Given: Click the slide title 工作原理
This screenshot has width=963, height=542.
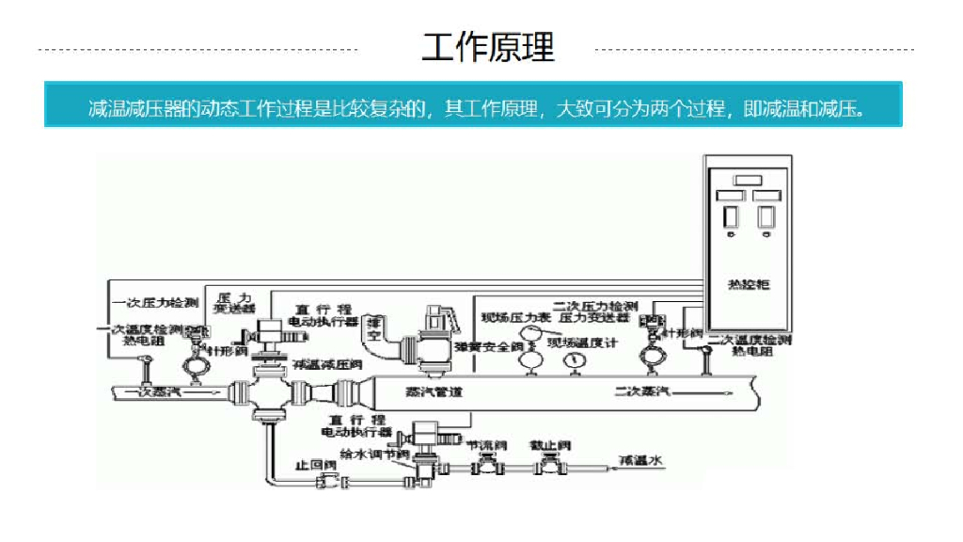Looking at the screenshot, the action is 488,47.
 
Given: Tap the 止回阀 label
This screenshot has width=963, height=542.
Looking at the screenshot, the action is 310,464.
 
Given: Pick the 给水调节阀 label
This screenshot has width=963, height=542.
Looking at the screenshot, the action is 373,454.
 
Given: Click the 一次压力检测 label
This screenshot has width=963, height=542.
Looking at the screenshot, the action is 155,302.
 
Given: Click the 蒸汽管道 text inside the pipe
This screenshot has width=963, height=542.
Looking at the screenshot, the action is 434,391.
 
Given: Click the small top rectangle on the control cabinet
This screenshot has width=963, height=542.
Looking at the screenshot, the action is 749,179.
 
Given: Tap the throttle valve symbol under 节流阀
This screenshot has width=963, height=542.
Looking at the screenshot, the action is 486,462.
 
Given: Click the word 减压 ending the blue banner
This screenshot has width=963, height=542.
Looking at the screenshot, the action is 845,108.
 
